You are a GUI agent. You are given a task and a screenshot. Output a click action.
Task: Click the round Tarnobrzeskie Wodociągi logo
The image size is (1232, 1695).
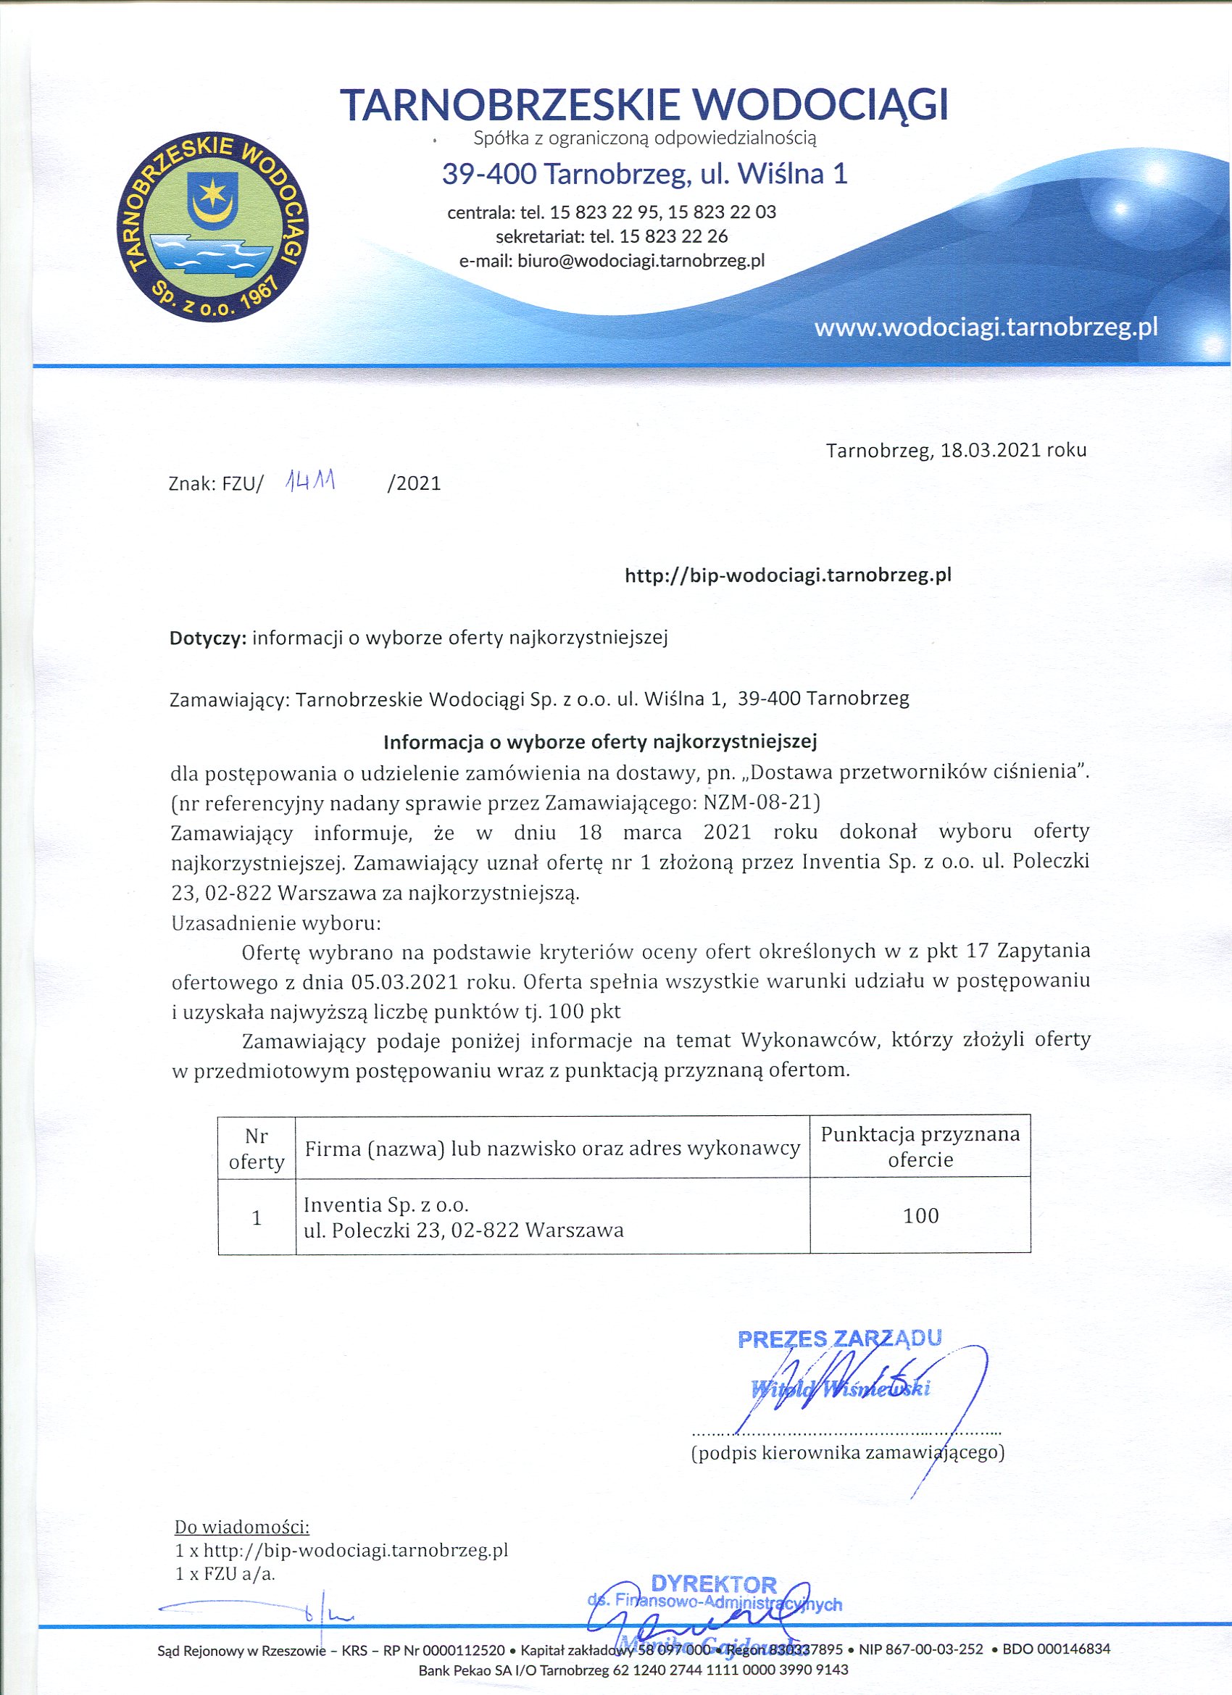pyautogui.click(x=213, y=228)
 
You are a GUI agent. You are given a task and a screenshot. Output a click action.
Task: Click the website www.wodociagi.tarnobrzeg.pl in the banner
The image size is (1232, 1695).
pyautogui.click(x=986, y=328)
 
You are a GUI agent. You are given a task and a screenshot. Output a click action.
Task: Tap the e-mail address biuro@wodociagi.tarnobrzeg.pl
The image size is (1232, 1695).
pyautogui.click(x=641, y=261)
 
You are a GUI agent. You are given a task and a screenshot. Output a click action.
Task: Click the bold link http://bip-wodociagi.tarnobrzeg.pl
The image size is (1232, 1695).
pyautogui.click(x=788, y=575)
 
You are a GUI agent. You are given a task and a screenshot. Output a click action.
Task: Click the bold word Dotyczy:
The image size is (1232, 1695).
pyautogui.click(x=208, y=638)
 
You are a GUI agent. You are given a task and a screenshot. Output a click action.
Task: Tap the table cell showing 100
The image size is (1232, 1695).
pyautogui.click(x=920, y=1216)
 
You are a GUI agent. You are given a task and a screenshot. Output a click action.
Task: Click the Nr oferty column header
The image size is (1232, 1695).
pyautogui.click(x=257, y=1149)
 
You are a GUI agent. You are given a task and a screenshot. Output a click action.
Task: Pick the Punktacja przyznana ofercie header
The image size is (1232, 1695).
pyautogui.click(x=920, y=1146)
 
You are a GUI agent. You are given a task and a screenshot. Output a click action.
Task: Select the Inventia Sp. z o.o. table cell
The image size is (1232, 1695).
pyautogui.click(x=464, y=1217)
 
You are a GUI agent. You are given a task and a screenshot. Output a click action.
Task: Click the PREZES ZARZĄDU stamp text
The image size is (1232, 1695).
pyautogui.click(x=838, y=1338)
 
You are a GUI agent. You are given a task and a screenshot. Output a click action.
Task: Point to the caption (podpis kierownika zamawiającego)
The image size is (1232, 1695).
pyautogui.click(x=848, y=1452)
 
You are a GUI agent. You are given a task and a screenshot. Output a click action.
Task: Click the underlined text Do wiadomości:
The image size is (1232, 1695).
pyautogui.click(x=241, y=1526)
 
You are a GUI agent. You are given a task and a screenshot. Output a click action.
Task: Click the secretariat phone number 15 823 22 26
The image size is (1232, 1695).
pyautogui.click(x=673, y=236)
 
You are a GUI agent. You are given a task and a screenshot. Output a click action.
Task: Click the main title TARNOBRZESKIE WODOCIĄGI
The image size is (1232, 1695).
pyautogui.click(x=644, y=104)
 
